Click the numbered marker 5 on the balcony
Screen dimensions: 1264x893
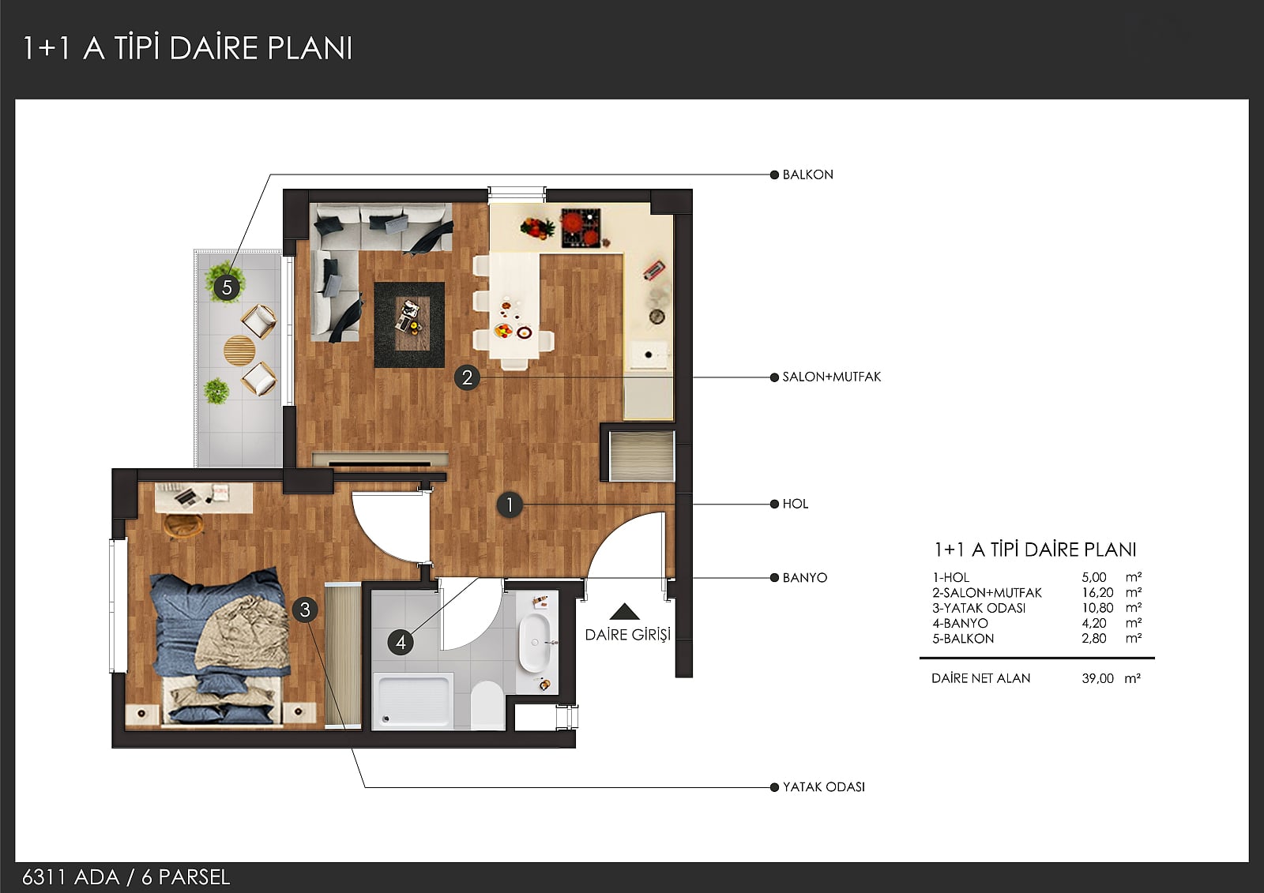point(227,287)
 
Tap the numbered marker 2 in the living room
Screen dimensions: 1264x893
point(467,377)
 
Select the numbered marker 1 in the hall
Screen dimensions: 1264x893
point(510,505)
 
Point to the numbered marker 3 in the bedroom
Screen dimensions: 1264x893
point(305,610)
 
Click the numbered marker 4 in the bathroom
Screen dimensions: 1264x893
point(401,643)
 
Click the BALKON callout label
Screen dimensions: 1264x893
point(807,174)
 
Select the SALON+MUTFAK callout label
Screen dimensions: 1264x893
point(831,377)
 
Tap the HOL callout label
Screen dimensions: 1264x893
point(795,505)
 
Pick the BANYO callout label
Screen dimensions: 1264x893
point(805,578)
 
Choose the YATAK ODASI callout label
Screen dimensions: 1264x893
point(823,787)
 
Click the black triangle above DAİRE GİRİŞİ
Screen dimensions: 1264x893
point(624,612)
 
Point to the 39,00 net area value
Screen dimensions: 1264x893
point(1097,679)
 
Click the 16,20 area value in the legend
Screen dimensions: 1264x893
point(1097,593)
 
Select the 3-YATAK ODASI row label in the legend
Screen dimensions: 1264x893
point(979,608)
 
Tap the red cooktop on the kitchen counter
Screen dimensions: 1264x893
point(581,228)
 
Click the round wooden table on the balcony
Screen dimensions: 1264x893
point(239,351)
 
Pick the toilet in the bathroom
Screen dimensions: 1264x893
point(487,705)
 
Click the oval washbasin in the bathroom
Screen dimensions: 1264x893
point(534,643)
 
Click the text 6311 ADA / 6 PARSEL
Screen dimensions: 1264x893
point(126,877)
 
